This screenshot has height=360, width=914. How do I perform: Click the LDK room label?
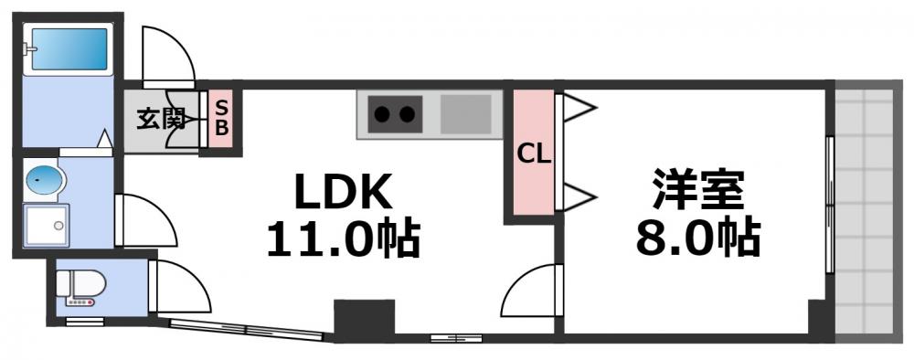(x=343, y=193)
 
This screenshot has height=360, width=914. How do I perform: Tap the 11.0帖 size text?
(x=343, y=239)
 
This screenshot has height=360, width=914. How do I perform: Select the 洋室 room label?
(x=698, y=193)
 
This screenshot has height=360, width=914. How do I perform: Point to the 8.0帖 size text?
(x=698, y=239)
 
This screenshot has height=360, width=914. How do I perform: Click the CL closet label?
(x=534, y=154)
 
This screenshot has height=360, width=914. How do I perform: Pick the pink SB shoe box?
(x=221, y=117)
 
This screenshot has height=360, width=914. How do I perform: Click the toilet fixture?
(x=80, y=288)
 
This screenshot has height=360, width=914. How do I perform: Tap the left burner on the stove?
(x=381, y=115)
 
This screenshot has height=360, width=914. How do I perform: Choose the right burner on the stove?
(x=408, y=115)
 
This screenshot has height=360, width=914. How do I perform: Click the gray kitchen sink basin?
(x=466, y=115)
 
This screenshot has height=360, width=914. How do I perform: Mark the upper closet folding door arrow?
(x=578, y=111)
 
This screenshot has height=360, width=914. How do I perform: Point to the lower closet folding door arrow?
(x=578, y=196)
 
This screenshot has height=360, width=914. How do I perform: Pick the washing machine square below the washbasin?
(x=46, y=225)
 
